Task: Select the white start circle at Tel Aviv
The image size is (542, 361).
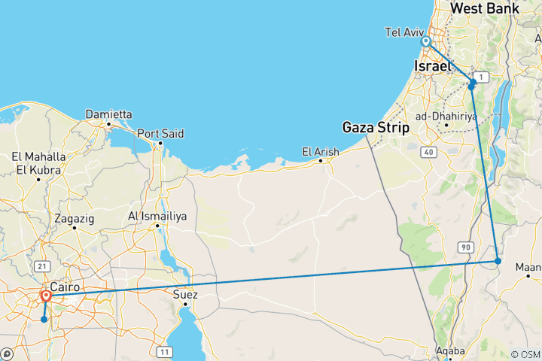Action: tap(426, 42)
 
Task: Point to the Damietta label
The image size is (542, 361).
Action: tap(108, 114)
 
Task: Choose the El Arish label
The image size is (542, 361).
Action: tap(320, 151)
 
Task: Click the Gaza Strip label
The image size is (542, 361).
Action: tap(376, 126)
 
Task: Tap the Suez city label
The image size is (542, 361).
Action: tap(185, 294)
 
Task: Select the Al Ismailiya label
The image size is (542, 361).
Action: tap(157, 216)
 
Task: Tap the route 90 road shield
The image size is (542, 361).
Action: tap(466, 246)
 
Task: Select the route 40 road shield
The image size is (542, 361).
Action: tap(429, 153)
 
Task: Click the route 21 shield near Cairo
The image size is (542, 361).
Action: tap(41, 266)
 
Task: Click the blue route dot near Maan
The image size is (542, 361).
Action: tap(498, 261)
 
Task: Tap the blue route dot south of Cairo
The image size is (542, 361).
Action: tap(44, 320)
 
